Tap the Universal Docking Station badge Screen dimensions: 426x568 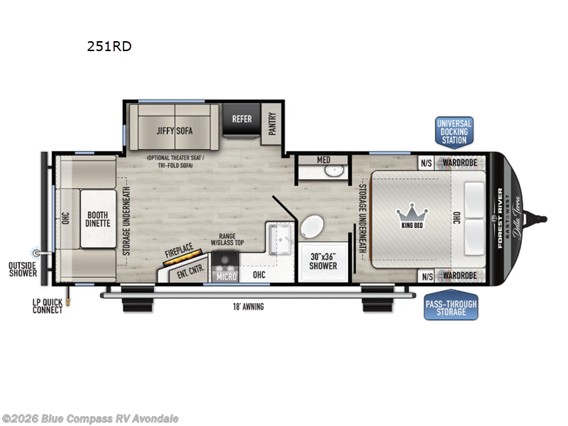pyautogui.click(x=454, y=131)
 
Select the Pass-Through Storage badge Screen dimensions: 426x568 pyautogui.click(x=451, y=307)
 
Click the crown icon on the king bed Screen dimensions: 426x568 pyautogui.click(x=410, y=212)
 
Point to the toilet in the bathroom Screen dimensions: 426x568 pyautogui.click(x=311, y=229)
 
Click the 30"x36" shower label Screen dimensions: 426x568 pyautogui.click(x=324, y=262)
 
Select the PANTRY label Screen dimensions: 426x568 pyautogui.click(x=271, y=124)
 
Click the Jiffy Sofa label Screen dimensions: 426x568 pyautogui.click(x=175, y=131)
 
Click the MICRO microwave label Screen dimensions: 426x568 pyautogui.click(x=226, y=275)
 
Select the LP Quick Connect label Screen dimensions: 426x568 pyautogui.click(x=46, y=307)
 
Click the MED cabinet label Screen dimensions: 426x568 pyautogui.click(x=323, y=160)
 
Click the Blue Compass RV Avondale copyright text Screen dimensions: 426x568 pyautogui.click(x=90, y=418)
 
